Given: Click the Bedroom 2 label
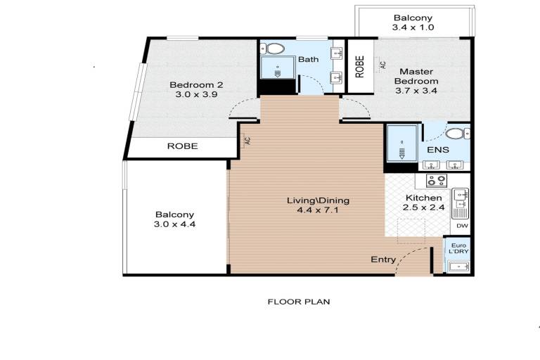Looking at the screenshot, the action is pos(196,85).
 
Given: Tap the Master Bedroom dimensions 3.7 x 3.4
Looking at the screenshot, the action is pos(416,91).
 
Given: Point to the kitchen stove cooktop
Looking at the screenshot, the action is pos(437,180).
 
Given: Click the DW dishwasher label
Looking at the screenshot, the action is pos(462,226).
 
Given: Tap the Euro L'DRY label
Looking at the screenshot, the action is pos(458,248).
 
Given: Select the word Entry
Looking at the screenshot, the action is pos(383,259).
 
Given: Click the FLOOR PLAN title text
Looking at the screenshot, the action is pos(299,302).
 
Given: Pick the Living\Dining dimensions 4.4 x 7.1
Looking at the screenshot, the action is pos(318,210).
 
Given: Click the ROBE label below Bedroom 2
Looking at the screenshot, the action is pos(183,146).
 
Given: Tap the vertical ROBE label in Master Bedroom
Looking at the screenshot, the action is pos(359,67).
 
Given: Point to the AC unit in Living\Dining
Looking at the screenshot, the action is pos(247,141).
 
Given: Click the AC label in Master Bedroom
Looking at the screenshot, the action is pos(382,65).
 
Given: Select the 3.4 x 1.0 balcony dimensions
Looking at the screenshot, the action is pos(413,27).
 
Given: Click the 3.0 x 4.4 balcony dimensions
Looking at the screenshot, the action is pos(174,224).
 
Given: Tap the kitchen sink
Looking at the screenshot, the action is pos(460,203).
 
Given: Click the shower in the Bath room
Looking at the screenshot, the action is pos(278,68).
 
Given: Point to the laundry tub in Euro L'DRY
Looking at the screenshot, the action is pos(458,266).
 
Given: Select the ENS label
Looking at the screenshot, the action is pos(438,150).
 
